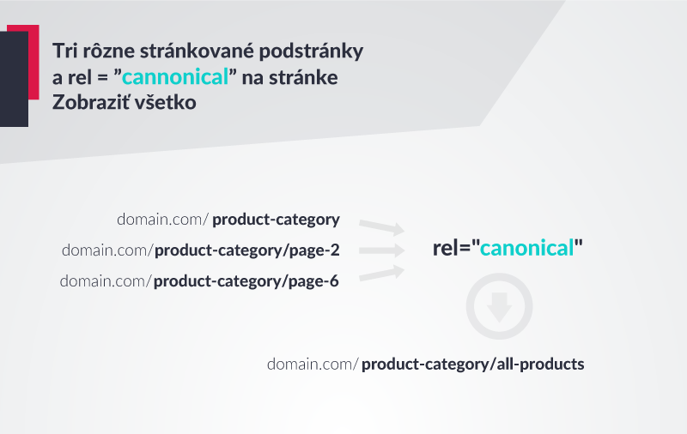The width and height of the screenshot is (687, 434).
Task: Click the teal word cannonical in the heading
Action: click(x=175, y=77)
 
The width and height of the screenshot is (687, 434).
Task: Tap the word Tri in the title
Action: click(x=65, y=51)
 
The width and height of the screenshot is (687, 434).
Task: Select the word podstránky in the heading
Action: click(x=311, y=51)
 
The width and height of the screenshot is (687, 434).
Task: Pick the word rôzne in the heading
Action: click(x=109, y=51)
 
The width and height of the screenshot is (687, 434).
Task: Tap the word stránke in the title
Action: click(x=303, y=77)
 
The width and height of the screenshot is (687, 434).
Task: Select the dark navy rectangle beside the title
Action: click(x=14, y=79)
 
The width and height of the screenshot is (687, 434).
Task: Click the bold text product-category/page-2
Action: click(x=247, y=250)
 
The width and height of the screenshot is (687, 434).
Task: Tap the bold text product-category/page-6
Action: click(x=246, y=281)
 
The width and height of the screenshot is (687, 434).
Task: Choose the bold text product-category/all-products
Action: click(x=473, y=364)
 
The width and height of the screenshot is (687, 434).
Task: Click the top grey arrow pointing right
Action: click(x=381, y=227)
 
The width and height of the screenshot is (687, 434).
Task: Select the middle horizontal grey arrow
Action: click(x=382, y=250)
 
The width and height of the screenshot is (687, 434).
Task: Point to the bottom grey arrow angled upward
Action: click(x=381, y=273)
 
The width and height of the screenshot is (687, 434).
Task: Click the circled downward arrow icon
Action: click(x=500, y=306)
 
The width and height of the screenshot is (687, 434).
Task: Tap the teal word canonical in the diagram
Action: click(x=527, y=248)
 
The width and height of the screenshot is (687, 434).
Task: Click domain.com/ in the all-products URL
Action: click(x=313, y=364)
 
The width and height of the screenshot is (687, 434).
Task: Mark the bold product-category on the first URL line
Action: click(x=276, y=220)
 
